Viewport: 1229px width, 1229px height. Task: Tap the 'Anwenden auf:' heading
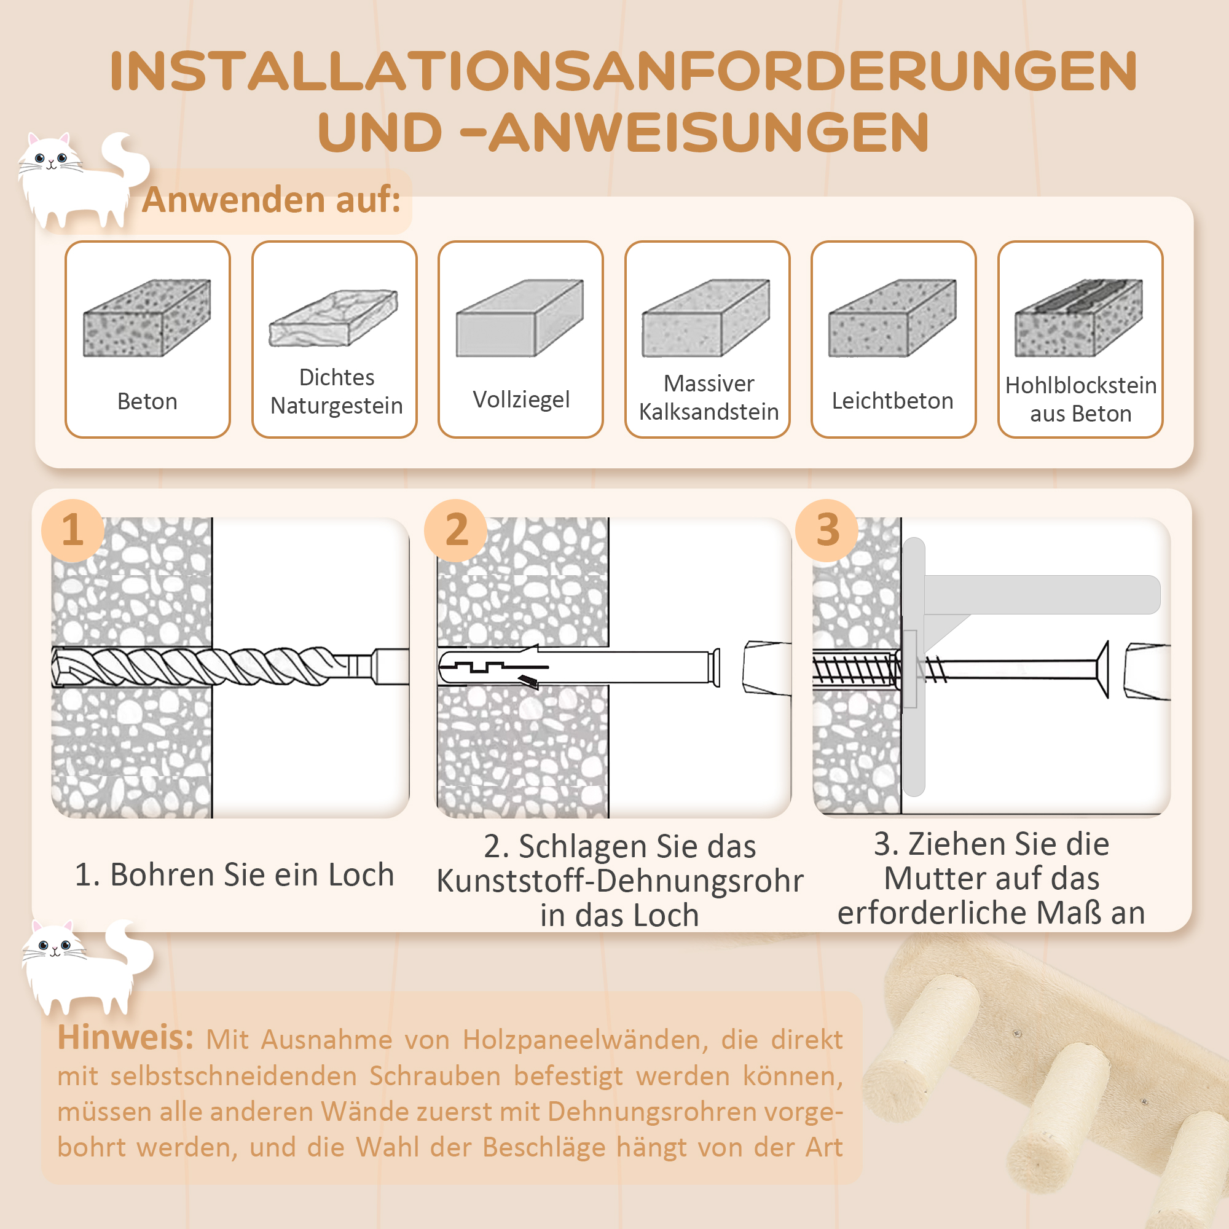pyautogui.click(x=271, y=200)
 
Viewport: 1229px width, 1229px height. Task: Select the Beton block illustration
pyautogui.click(x=147, y=318)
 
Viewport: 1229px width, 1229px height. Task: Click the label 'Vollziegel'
pyautogui.click(x=521, y=399)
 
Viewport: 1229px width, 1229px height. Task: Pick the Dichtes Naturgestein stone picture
pyautogui.click(x=333, y=318)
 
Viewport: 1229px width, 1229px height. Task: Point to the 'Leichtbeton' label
pyautogui.click(x=892, y=401)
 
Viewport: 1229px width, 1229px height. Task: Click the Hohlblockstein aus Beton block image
pyautogui.click(x=1079, y=318)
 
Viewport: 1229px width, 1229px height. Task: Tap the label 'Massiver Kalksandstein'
pyautogui.click(x=708, y=398)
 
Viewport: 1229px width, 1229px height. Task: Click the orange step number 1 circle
pyautogui.click(x=73, y=530)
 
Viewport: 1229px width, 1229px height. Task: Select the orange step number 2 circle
pyautogui.click(x=456, y=530)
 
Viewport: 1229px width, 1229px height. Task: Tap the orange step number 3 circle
pyautogui.click(x=827, y=530)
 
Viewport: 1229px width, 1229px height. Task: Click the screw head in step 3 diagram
pyautogui.click(x=1103, y=669)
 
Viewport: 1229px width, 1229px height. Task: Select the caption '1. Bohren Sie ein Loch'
pyautogui.click(x=234, y=874)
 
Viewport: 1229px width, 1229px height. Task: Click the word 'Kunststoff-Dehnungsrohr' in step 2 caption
pyautogui.click(x=619, y=881)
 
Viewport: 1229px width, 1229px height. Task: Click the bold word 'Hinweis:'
pyautogui.click(x=125, y=1037)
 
